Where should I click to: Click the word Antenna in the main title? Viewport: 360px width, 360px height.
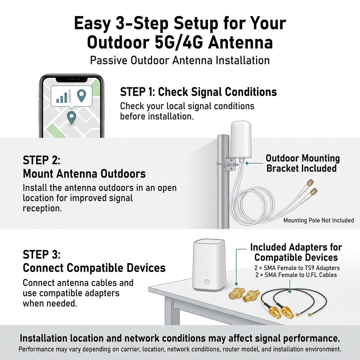tap(240, 43)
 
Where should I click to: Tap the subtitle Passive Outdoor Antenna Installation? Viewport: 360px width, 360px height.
tap(180, 61)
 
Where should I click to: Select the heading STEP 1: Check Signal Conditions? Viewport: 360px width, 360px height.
tap(198, 92)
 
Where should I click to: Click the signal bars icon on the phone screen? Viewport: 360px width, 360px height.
tap(64, 96)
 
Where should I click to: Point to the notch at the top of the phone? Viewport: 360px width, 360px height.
tap(72, 79)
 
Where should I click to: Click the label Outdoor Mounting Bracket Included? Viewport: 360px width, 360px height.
tap(303, 163)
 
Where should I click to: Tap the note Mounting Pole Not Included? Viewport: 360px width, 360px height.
tap(319, 220)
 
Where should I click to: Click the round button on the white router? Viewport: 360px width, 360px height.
tap(207, 281)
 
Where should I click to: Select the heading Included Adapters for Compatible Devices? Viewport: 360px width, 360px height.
tap(296, 252)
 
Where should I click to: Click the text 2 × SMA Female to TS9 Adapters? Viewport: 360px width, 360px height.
tap(297, 268)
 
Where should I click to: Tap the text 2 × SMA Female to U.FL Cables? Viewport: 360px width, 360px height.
tap(296, 275)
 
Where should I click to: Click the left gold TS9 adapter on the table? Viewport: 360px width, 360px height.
tap(237, 292)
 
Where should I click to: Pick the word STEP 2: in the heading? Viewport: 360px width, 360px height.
tap(41, 160)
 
